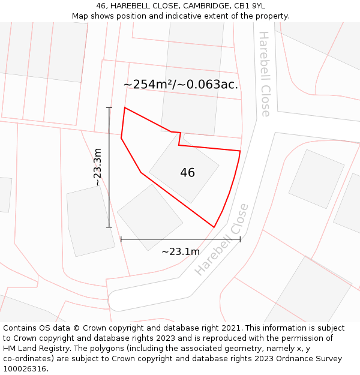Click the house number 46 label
pyautogui.click(x=187, y=173)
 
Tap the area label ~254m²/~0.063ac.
pyautogui.click(x=181, y=85)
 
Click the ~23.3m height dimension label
pyautogui.click(x=97, y=167)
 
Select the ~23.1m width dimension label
pyautogui.click(x=180, y=251)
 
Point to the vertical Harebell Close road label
pyautogui.click(x=265, y=74)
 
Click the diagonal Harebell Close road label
pyautogui.click(x=221, y=239)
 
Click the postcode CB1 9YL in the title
pyautogui.click(x=249, y=6)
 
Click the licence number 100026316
pyautogui.click(x=25, y=369)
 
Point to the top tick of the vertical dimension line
pyautogui.click(x=109, y=107)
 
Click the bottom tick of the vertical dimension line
pyautogui.click(x=109, y=227)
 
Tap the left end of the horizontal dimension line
pyautogui.click(x=121, y=239)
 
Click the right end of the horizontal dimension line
pyautogui.click(x=240, y=239)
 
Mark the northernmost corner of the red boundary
pyautogui.click(x=125, y=108)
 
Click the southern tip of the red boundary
pyautogui.click(x=214, y=227)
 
